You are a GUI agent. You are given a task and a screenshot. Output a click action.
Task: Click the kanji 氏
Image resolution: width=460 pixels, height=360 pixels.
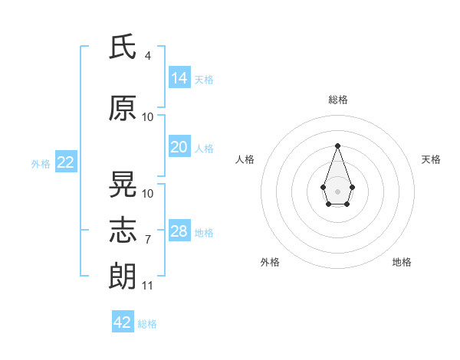[x=123, y=46]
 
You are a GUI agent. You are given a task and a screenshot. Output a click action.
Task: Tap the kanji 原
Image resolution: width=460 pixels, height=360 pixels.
[x=123, y=108]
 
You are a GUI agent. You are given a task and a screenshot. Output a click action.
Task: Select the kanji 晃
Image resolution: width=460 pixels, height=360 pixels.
[x=123, y=184]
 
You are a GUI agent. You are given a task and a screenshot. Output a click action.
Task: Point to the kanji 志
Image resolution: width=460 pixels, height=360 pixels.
[x=123, y=230]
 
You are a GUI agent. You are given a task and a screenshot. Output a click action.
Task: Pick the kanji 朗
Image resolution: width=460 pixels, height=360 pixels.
[x=123, y=276]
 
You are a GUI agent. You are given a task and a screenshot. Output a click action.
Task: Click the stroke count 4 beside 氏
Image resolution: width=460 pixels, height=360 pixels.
[x=147, y=56]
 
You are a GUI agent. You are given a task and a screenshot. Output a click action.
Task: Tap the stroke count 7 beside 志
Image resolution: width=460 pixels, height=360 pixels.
[x=148, y=240]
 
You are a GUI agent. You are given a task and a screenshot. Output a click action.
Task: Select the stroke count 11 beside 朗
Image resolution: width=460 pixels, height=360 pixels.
[x=147, y=286]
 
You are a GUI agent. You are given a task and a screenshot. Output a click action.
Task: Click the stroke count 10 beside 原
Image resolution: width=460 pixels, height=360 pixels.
[x=147, y=117]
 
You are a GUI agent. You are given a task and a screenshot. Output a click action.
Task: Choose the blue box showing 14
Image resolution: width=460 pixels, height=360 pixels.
[x=179, y=77]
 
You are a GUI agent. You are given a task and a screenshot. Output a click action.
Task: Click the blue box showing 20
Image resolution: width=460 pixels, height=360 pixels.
[x=179, y=146]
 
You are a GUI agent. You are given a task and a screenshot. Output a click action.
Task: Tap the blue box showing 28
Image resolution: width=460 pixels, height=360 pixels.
[x=179, y=230]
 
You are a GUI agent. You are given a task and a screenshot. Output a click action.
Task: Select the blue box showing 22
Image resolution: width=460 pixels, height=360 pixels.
[x=66, y=162]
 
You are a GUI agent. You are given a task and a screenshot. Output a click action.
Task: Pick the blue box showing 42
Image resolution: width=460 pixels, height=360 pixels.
[x=123, y=321]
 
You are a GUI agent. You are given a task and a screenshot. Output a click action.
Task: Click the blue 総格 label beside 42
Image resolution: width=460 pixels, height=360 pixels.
[x=147, y=324]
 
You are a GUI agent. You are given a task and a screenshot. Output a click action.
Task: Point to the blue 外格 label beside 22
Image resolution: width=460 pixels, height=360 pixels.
[x=41, y=164]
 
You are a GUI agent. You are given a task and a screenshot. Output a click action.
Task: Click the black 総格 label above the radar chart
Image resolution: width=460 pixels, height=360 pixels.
[x=338, y=100]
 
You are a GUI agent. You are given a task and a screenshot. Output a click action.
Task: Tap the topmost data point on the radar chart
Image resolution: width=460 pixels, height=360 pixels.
[x=337, y=146]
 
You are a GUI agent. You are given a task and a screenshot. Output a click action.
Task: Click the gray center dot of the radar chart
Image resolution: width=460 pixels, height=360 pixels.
[x=337, y=191]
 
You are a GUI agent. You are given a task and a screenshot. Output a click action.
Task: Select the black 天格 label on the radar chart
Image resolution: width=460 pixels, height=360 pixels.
[x=431, y=159]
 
